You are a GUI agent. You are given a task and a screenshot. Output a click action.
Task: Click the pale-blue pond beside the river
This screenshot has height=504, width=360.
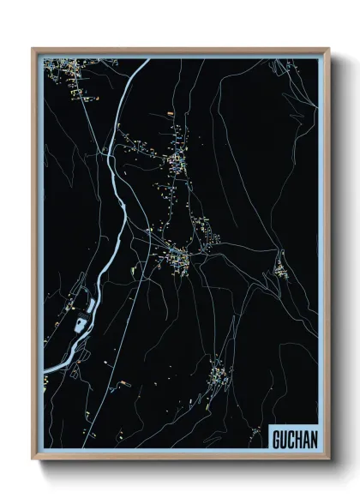(x=81, y=323)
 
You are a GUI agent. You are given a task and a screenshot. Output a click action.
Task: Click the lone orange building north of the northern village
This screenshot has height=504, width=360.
(x=171, y=113)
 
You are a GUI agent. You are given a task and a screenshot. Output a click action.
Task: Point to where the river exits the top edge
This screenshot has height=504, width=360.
(x=147, y=58)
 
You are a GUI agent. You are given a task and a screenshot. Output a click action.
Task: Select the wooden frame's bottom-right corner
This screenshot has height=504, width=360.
(x=327, y=459)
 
